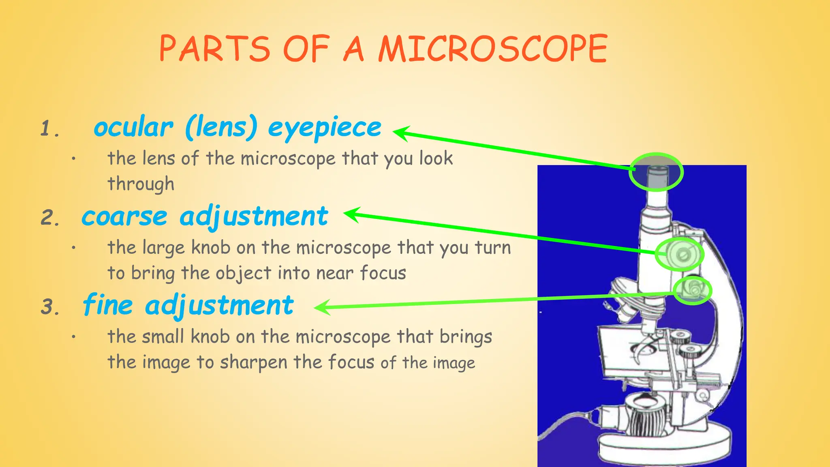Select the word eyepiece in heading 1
pos(325,128)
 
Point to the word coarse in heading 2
pos(124,216)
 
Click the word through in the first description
pos(141,184)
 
